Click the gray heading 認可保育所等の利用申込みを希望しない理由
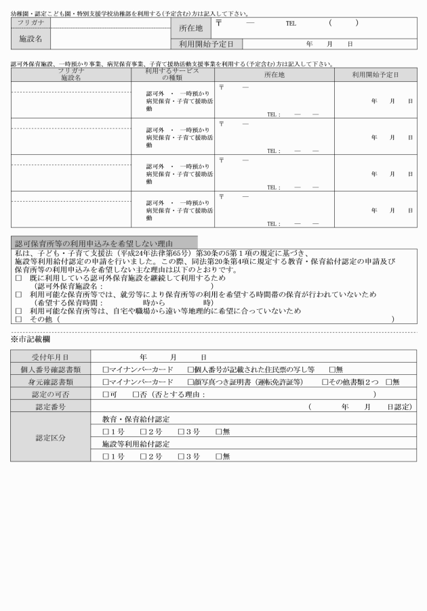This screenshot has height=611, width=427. (94, 243)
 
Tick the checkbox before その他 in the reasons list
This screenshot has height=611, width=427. (18, 319)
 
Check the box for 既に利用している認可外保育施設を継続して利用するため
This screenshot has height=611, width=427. (18, 278)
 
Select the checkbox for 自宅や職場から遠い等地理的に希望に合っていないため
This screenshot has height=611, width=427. (18, 311)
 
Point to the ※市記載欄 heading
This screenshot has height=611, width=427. (30, 338)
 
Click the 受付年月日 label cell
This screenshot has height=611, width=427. (51, 357)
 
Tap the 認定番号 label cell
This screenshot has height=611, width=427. (51, 407)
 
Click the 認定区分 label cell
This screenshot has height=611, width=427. (51, 438)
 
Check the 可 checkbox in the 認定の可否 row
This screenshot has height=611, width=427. (106, 394)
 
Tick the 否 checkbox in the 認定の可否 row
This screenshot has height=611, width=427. (136, 394)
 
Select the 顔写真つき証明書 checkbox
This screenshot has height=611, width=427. (191, 382)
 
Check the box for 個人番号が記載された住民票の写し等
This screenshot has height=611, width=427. (191, 369)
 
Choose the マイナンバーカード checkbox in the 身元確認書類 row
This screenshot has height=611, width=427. (106, 382)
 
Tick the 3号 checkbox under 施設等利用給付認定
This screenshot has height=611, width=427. (182, 457)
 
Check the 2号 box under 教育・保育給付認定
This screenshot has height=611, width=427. (144, 432)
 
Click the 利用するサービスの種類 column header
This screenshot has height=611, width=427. (173, 74)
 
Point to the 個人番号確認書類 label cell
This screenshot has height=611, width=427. (51, 369)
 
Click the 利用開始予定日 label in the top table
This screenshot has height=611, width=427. (201, 44)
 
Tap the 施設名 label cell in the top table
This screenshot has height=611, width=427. (30, 39)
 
